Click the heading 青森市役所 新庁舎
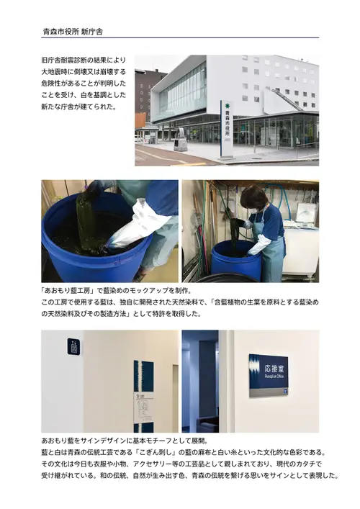[73, 32]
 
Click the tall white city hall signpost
[227, 129]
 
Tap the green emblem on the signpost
[227, 106]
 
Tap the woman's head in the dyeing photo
[253, 199]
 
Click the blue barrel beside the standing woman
[236, 260]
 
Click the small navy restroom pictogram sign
[73, 346]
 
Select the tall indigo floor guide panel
[143, 396]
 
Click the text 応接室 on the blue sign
[274, 369]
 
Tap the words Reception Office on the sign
[274, 376]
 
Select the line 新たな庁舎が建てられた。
[79, 107]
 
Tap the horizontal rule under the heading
[180, 38]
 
